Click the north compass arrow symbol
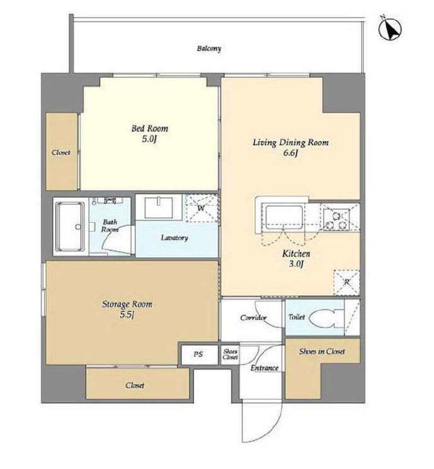[390, 30]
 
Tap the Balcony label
[209, 48]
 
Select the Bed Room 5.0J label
[150, 133]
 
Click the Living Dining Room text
[290, 142]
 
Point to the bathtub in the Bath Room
[71, 227]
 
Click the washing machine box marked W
[202, 208]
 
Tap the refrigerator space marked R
[346, 283]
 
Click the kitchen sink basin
[283, 217]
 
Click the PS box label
[198, 354]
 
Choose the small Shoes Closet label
[230, 354]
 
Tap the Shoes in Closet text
[322, 351]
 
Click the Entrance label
[265, 368]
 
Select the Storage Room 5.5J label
[127, 309]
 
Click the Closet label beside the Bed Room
[61, 152]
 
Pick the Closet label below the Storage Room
[135, 385]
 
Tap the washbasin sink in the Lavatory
[159, 207]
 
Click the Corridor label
[253, 317]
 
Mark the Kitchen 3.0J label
[296, 259]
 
